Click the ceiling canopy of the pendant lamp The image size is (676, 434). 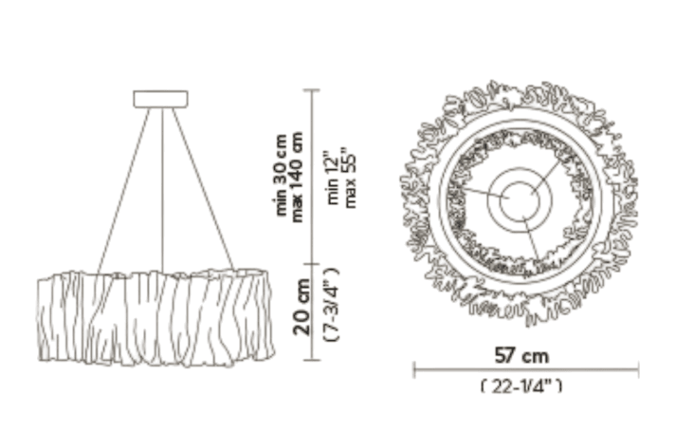pyautogui.click(x=160, y=99)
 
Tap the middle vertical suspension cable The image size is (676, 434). pyautogui.click(x=162, y=190)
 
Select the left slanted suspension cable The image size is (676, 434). pyautogui.click(x=123, y=191)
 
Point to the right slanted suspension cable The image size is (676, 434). pyautogui.click(x=203, y=189)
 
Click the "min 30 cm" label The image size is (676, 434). pyautogui.click(x=281, y=175)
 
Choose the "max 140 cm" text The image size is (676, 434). pyautogui.click(x=297, y=177)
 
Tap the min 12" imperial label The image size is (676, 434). pyautogui.click(x=333, y=178)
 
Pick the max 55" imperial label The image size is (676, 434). pyautogui.click(x=350, y=178)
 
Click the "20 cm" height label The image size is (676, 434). pyautogui.click(x=301, y=307)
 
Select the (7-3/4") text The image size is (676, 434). pyautogui.click(x=332, y=305)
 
